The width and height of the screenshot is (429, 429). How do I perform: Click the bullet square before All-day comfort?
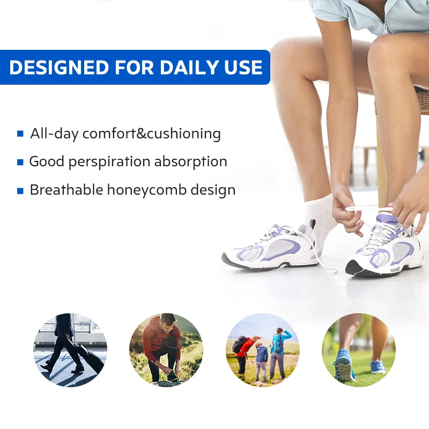20,134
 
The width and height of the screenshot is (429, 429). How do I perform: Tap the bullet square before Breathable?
20,190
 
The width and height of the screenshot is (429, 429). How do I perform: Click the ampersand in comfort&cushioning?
141,134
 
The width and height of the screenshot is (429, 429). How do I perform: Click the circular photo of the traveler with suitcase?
71,350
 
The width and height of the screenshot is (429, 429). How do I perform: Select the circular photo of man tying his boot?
166,350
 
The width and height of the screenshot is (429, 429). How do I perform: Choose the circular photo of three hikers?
262,350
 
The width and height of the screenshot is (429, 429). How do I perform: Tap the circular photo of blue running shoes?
358,350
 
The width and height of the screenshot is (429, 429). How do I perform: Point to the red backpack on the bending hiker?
240,344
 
